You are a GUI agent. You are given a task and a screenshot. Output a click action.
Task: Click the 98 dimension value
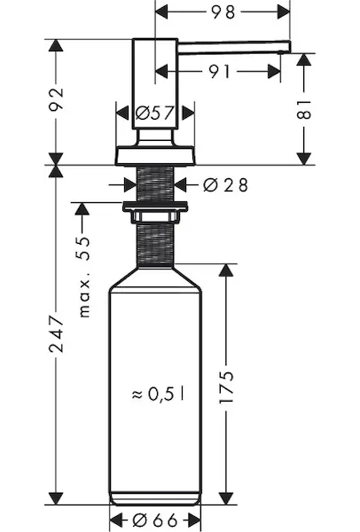tap(223, 12)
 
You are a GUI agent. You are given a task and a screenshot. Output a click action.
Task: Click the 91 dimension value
tap(219, 72)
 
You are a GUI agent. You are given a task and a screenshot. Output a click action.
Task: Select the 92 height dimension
tap(56, 99)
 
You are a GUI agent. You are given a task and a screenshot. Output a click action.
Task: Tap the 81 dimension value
tap(303, 110)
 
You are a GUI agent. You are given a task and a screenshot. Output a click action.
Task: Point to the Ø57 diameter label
tap(154, 113)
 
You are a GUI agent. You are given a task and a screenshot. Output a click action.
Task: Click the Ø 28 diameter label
tap(225, 185)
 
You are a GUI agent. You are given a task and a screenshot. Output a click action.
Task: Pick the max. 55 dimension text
tap(84, 277)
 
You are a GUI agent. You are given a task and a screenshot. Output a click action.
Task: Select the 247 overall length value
tap(56, 334)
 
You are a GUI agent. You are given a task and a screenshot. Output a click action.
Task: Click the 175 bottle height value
tap(226, 387)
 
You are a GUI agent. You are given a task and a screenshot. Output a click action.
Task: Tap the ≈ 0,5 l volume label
tap(158, 394)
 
